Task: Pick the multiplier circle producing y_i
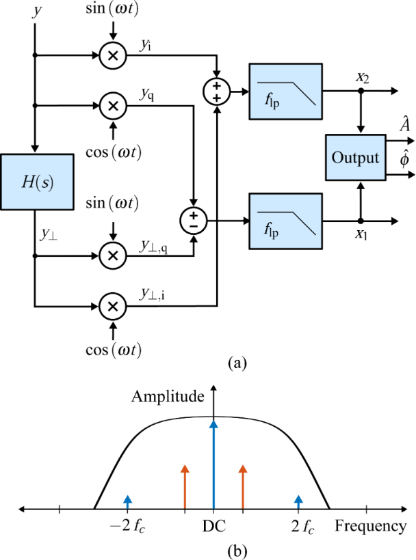(113, 55)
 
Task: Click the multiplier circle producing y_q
(113, 105)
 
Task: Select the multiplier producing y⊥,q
(113, 255)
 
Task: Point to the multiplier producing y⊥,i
(113, 306)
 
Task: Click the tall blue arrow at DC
(214, 464)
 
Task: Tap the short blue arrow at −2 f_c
(127, 503)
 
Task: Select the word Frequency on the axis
(370, 527)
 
